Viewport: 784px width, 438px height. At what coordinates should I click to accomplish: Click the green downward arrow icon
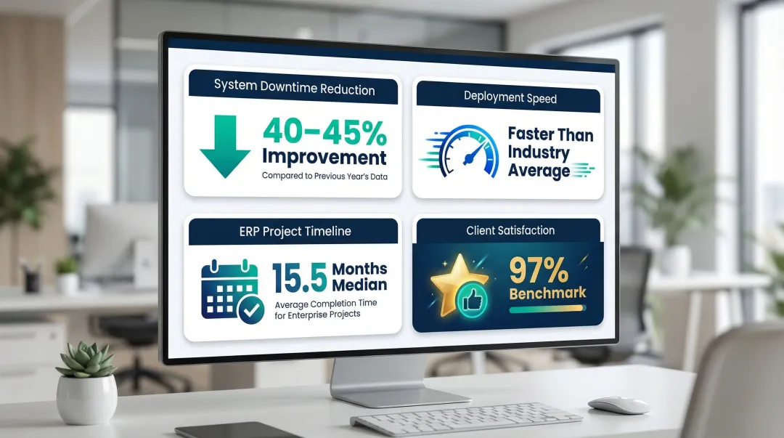224,146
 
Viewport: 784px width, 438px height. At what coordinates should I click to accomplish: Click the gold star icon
458,283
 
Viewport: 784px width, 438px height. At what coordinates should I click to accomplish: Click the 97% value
539,270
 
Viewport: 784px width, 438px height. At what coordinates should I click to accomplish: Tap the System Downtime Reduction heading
294,89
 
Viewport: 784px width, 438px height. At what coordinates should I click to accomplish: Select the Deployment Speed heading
510,97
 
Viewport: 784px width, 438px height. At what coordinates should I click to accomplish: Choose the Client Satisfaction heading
510,230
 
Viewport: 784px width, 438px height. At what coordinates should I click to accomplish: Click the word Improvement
324,157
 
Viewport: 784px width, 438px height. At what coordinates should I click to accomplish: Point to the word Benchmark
547,293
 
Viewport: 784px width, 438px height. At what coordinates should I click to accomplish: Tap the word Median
359,285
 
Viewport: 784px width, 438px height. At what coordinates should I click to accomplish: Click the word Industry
539,152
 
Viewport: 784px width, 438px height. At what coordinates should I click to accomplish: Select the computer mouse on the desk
618,405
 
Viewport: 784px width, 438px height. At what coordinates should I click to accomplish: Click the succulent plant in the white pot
86,359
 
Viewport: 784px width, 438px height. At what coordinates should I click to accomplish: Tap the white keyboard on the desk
465,415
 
